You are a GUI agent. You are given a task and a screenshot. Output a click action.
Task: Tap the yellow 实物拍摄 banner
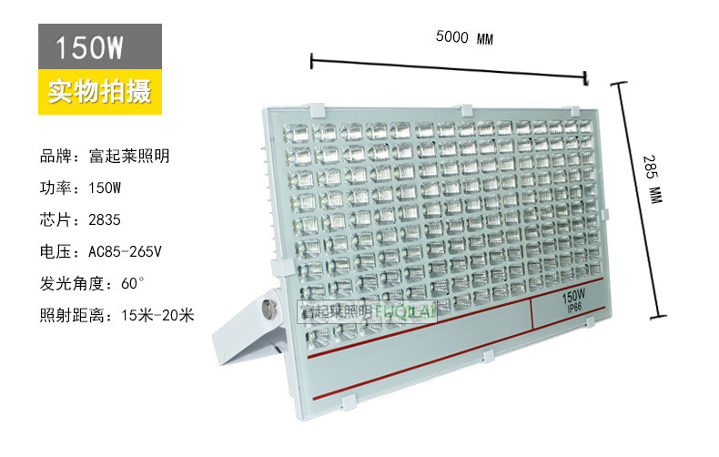99,92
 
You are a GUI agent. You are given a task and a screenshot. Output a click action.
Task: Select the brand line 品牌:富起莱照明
105,157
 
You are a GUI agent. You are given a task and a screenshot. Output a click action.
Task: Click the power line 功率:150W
80,188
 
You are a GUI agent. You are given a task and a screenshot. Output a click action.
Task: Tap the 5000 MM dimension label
464,38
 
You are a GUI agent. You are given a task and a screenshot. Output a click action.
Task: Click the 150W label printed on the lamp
572,298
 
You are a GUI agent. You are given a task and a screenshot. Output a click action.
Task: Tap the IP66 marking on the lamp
572,310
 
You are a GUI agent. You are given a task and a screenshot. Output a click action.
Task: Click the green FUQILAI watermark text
407,312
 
